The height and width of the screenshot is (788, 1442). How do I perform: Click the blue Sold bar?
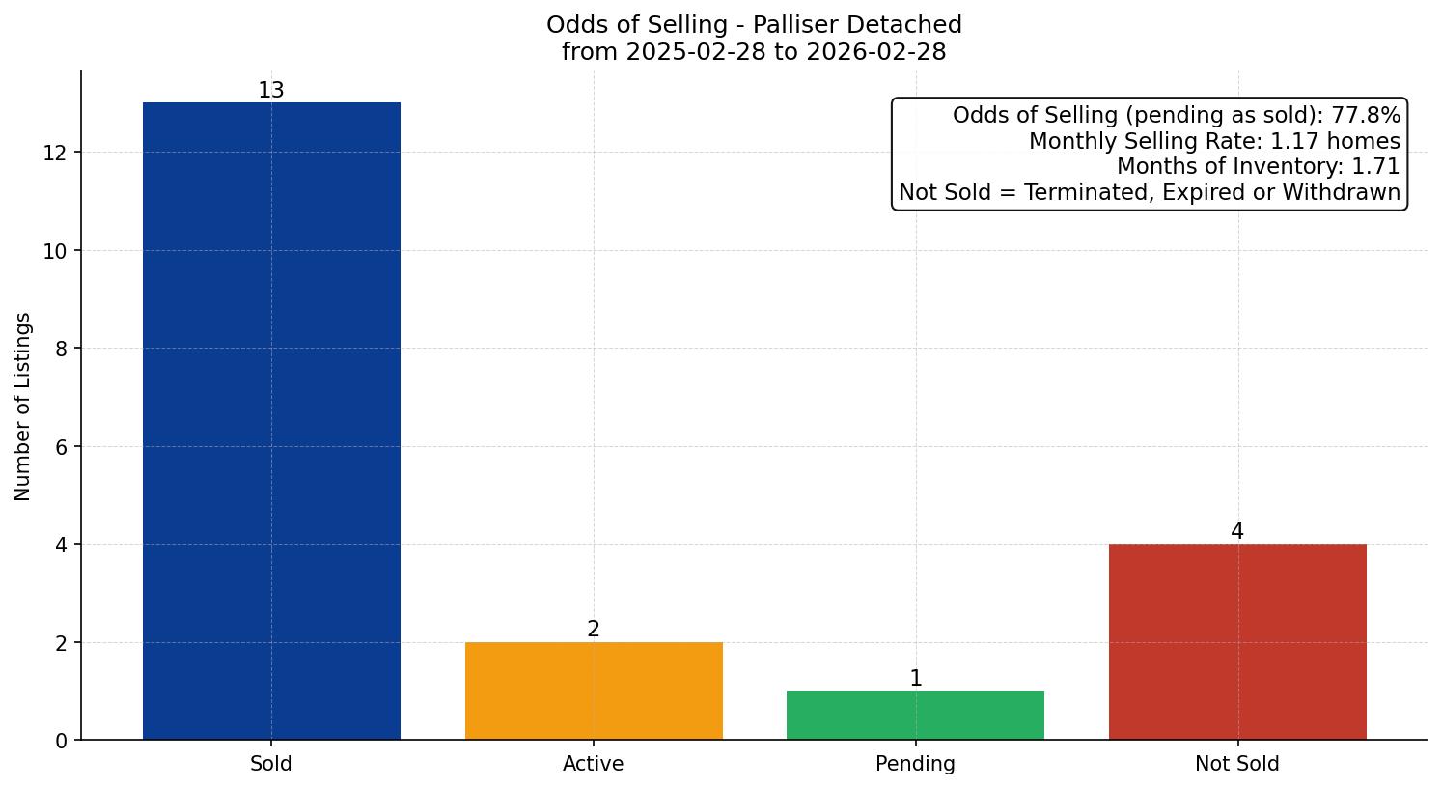point(271,421)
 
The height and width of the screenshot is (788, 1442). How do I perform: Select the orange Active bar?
point(594,690)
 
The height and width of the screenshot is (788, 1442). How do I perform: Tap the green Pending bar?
point(915,716)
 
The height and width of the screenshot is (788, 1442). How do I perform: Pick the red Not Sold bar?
point(1237,641)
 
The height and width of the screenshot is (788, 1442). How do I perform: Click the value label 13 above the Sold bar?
point(271,91)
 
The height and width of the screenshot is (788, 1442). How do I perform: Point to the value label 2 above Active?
point(594,630)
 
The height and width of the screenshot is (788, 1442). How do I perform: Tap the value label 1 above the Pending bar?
point(915,679)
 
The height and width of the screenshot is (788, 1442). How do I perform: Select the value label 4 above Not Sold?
point(1237,532)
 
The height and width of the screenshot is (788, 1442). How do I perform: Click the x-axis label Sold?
point(271,764)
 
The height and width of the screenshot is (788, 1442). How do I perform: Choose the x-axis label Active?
point(594,764)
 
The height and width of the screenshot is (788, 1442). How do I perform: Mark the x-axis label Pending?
point(915,764)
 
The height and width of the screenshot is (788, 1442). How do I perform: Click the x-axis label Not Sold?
point(1237,764)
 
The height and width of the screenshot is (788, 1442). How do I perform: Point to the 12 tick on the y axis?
point(55,153)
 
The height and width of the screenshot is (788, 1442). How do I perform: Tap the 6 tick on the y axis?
point(61,447)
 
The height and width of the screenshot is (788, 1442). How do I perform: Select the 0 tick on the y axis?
point(61,741)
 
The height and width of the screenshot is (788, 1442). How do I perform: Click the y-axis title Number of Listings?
point(23,406)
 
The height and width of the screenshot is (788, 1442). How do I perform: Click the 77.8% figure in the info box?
point(1366,116)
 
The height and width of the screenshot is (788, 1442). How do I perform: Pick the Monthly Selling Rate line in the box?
point(1214,141)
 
